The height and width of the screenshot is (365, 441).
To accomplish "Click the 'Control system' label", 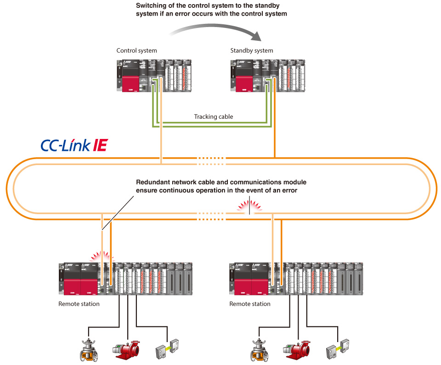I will tap(136, 50).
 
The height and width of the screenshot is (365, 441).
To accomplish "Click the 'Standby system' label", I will tap(251, 50).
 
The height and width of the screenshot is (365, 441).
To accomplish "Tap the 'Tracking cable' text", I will tap(213, 116).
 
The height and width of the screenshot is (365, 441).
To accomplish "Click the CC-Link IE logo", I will tap(73, 146).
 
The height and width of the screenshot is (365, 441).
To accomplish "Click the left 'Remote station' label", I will tap(79, 304).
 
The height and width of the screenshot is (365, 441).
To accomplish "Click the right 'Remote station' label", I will tap(250, 304).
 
